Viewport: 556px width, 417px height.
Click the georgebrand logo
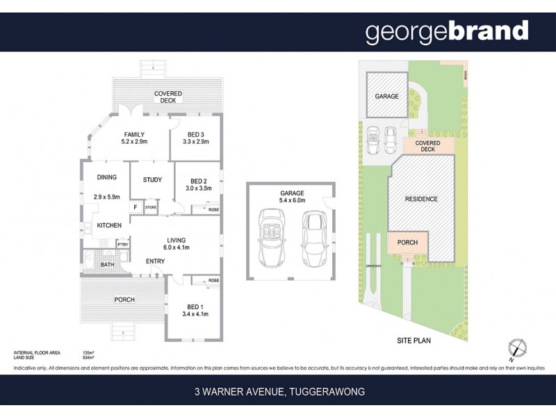(x=447, y=32)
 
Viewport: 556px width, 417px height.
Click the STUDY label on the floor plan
(x=152, y=180)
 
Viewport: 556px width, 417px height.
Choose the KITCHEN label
(x=109, y=225)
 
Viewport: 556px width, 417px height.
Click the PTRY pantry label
(x=122, y=245)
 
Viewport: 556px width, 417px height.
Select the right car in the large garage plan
(x=313, y=240)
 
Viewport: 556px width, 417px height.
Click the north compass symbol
(x=516, y=349)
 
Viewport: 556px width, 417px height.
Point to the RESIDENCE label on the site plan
(x=421, y=199)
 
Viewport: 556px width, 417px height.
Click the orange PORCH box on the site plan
(x=407, y=243)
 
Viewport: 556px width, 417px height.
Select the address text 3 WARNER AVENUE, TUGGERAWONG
(x=279, y=392)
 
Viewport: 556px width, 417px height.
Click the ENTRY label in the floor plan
(x=155, y=261)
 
